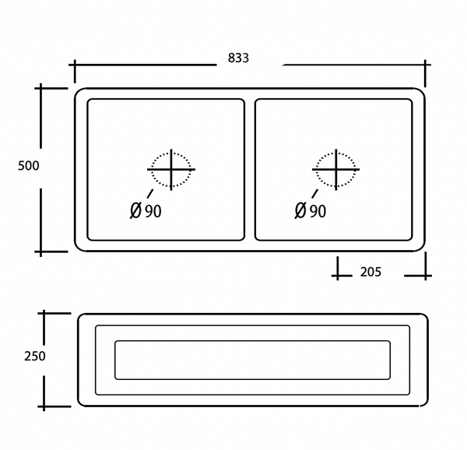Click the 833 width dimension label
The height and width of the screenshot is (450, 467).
point(238,58)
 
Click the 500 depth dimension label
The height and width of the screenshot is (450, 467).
point(28,166)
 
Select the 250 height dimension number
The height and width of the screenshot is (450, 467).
point(34,357)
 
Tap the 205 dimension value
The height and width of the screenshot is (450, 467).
point(370,272)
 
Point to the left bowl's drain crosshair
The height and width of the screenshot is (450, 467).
point(171,169)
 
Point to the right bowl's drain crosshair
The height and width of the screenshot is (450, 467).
point(335,169)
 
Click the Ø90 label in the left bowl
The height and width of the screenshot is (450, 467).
point(146,211)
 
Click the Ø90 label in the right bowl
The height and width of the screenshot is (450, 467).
point(310,211)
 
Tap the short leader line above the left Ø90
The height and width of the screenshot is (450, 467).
point(149,194)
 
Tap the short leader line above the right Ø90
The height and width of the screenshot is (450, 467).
point(314,194)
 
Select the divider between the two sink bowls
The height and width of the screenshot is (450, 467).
point(250,169)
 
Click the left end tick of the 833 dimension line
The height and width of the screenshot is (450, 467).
point(75,70)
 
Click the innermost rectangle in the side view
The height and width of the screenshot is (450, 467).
point(252,360)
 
